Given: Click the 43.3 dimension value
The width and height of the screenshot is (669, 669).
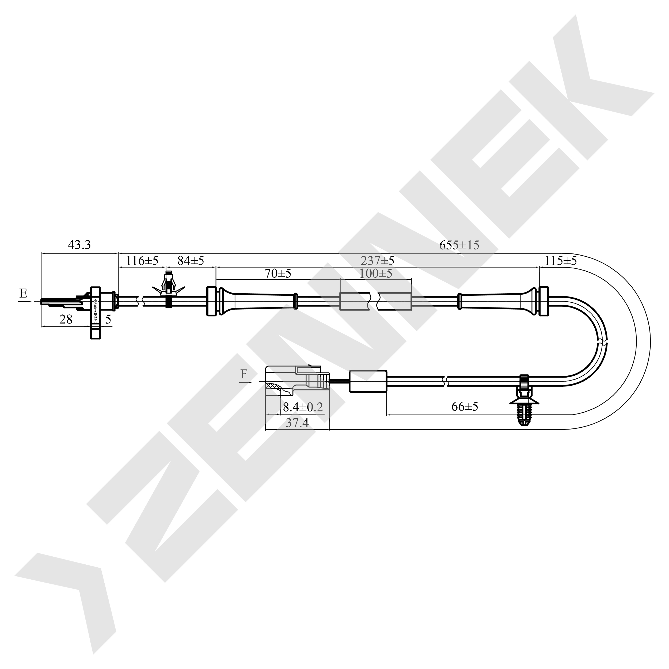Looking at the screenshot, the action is coord(79,245).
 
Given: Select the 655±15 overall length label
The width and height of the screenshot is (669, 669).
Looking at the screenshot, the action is coord(459,245).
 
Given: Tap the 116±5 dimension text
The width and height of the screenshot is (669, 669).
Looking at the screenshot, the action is coord(142,261).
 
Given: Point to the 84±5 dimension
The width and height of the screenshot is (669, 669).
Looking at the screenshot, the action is coord(191,261).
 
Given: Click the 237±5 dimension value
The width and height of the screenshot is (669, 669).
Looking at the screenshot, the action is coord(377,260).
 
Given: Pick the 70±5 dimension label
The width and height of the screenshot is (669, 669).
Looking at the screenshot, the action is coord(278,273).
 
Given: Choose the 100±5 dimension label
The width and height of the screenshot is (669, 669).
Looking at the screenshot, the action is coord(376,273).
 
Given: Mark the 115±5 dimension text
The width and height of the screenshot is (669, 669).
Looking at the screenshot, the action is coord(561,261).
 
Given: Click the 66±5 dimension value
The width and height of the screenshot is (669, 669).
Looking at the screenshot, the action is coord(465,406).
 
